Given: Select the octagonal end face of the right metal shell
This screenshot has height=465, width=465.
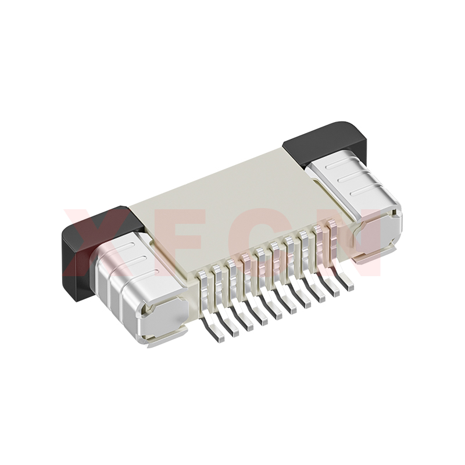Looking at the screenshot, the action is (x=378, y=234).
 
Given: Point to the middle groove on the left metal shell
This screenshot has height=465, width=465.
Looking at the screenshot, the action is (x=138, y=259).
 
